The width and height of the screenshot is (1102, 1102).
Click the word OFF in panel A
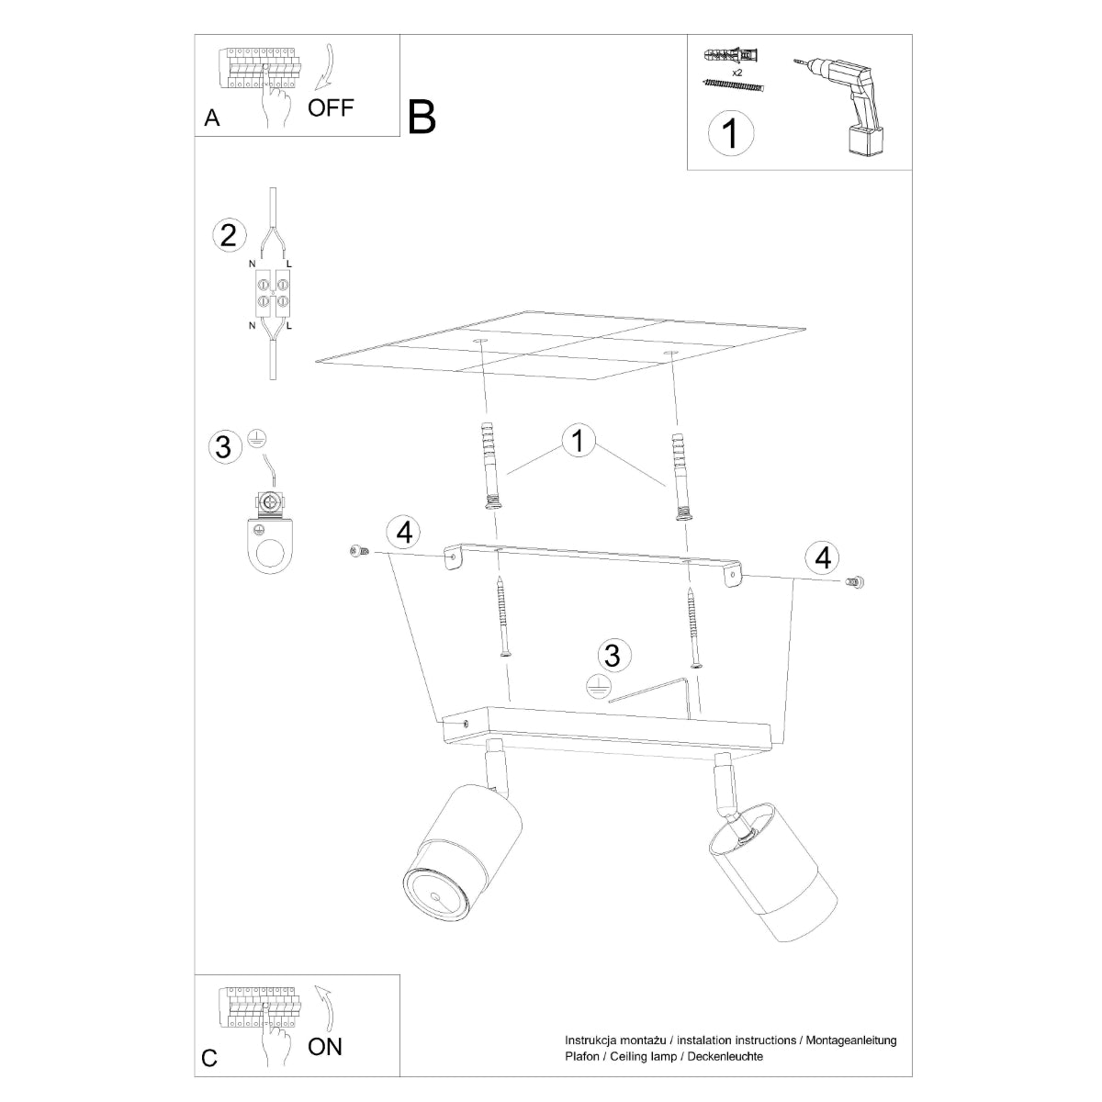(331, 107)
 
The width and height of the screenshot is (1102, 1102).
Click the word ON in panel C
(325, 1046)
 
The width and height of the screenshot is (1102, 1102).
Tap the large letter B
(422, 118)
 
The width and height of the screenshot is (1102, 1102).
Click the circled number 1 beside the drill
(731, 134)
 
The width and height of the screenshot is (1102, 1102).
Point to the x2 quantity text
(737, 71)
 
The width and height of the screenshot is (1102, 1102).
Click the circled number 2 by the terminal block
(229, 235)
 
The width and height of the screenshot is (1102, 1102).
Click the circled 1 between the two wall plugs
(577, 441)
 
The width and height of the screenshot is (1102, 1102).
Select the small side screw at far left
(357, 550)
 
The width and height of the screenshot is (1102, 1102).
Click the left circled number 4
(404, 532)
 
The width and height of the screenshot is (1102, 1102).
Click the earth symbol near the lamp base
(598, 686)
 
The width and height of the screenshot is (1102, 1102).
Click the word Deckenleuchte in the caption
(723, 1057)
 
